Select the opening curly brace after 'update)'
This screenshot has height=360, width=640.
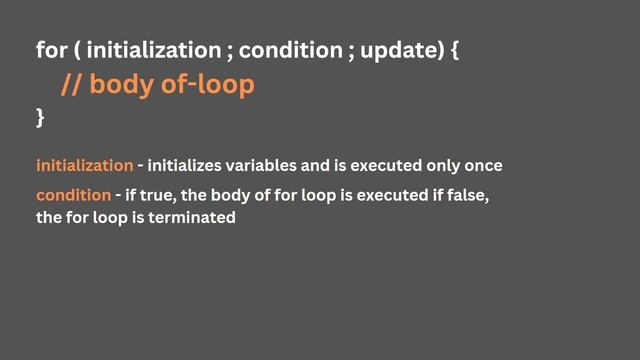[455, 49]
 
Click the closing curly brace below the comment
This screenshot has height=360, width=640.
[40, 118]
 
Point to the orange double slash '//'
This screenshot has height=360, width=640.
[72, 85]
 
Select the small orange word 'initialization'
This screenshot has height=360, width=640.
[84, 165]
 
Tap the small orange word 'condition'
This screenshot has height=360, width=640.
[73, 194]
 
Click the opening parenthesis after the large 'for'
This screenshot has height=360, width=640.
[76, 49]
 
